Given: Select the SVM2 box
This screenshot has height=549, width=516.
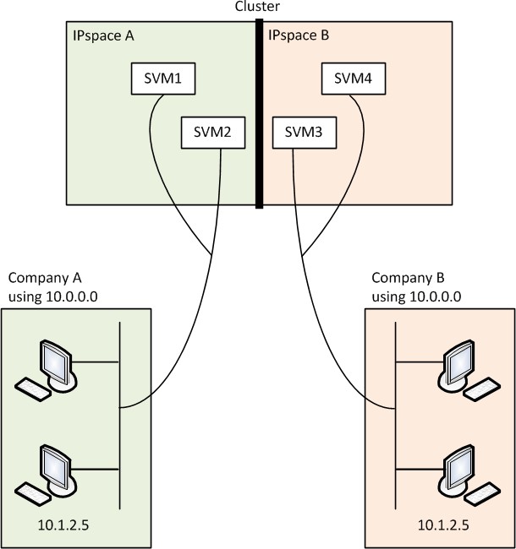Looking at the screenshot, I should pyautogui.click(x=208, y=133).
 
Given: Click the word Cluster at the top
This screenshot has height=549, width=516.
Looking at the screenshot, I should pyautogui.click(x=258, y=7).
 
